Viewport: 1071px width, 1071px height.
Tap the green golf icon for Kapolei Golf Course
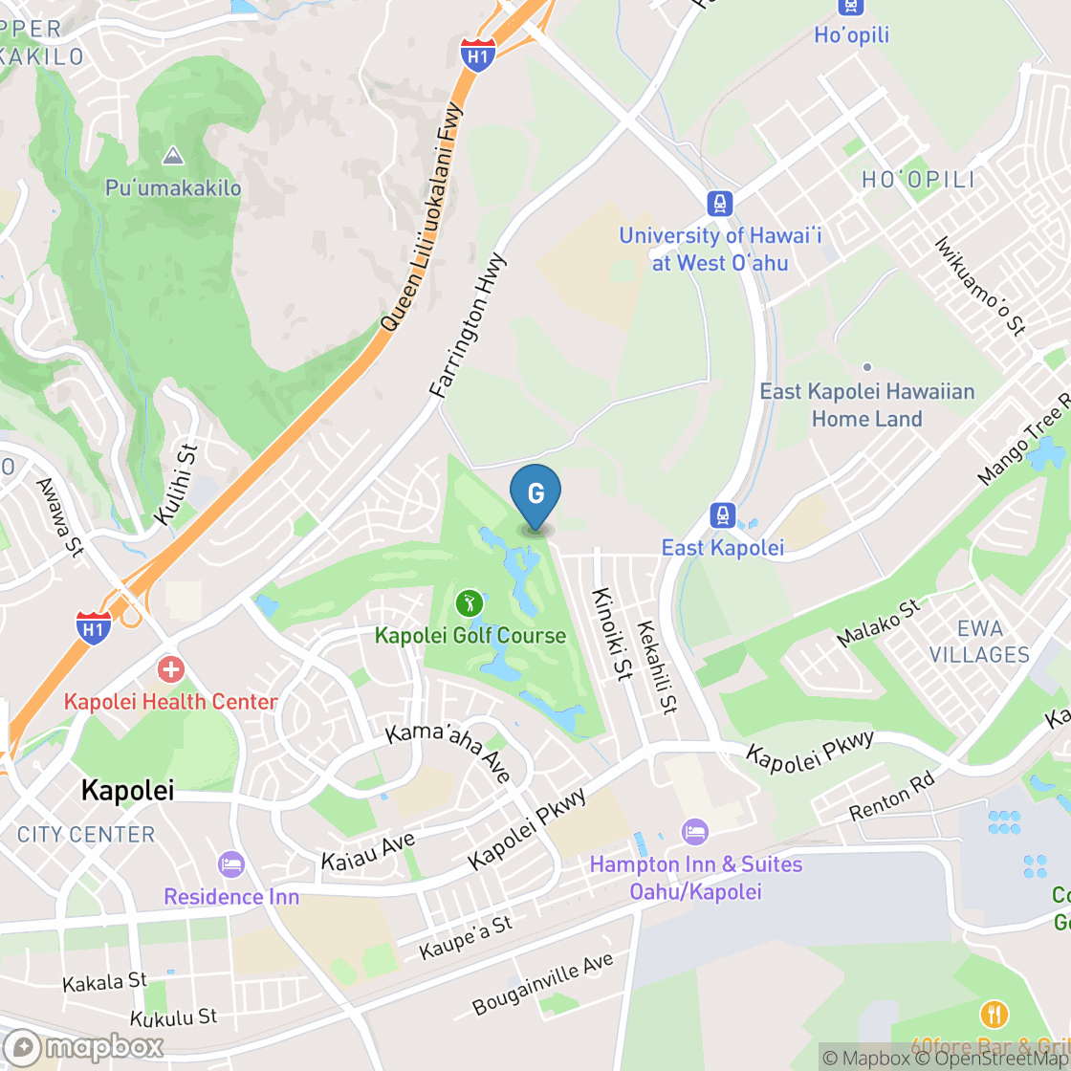[469, 603]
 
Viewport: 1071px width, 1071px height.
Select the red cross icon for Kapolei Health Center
[170, 669]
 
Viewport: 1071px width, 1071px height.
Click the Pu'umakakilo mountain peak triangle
[173, 155]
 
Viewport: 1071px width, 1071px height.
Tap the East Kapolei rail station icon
[723, 516]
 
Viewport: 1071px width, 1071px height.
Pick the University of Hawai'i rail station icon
[719, 203]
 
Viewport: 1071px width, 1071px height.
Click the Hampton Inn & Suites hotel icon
[695, 832]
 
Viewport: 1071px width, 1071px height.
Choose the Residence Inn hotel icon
[231, 864]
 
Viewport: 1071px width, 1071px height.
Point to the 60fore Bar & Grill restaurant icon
[994, 1015]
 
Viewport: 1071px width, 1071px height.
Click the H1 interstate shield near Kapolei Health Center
[94, 627]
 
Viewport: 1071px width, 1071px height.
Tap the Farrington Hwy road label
[469, 325]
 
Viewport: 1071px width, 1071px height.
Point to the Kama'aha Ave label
[448, 753]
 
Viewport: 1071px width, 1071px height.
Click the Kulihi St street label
[175, 485]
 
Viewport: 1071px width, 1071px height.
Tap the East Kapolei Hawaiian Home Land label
[866, 404]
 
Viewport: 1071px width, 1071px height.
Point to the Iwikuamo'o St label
[980, 285]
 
